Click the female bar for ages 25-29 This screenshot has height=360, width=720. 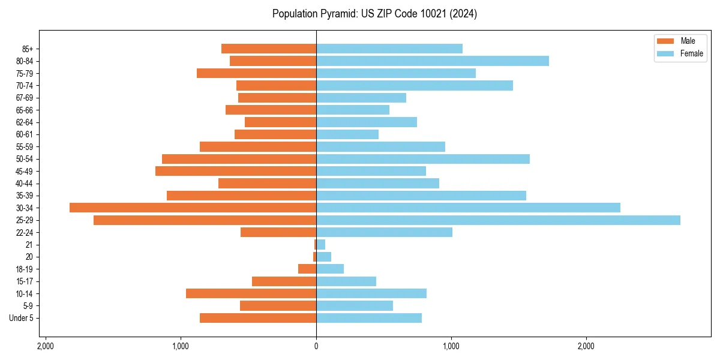[x=498, y=220]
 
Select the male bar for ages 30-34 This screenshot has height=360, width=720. [x=193, y=208]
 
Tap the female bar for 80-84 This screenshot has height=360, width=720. [x=432, y=61]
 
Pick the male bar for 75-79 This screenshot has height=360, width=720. [x=256, y=73]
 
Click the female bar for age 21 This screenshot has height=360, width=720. [x=320, y=245]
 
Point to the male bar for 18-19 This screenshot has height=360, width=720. [x=307, y=269]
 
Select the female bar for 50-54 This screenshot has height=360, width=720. [x=422, y=159]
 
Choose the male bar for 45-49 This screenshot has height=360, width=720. [x=236, y=171]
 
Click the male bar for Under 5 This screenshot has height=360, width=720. [x=258, y=318]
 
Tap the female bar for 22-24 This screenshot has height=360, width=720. [x=384, y=232]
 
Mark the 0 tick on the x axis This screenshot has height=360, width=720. [x=316, y=346]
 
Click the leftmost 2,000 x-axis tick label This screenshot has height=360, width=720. [x=45, y=346]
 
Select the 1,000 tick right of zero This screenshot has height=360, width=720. [x=451, y=346]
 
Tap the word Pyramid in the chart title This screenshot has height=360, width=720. [x=336, y=14]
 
